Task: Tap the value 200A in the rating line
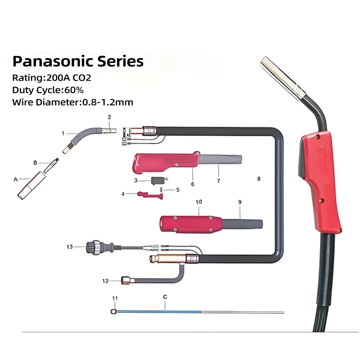click(x=56, y=77)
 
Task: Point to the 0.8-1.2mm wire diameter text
click(x=108, y=102)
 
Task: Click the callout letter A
click(x=16, y=179)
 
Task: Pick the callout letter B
click(x=35, y=162)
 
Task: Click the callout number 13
click(x=69, y=247)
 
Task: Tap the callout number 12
click(x=105, y=281)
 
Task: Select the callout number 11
click(x=115, y=298)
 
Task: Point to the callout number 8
click(x=259, y=179)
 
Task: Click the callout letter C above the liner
click(x=165, y=297)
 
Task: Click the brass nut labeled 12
click(x=126, y=281)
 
